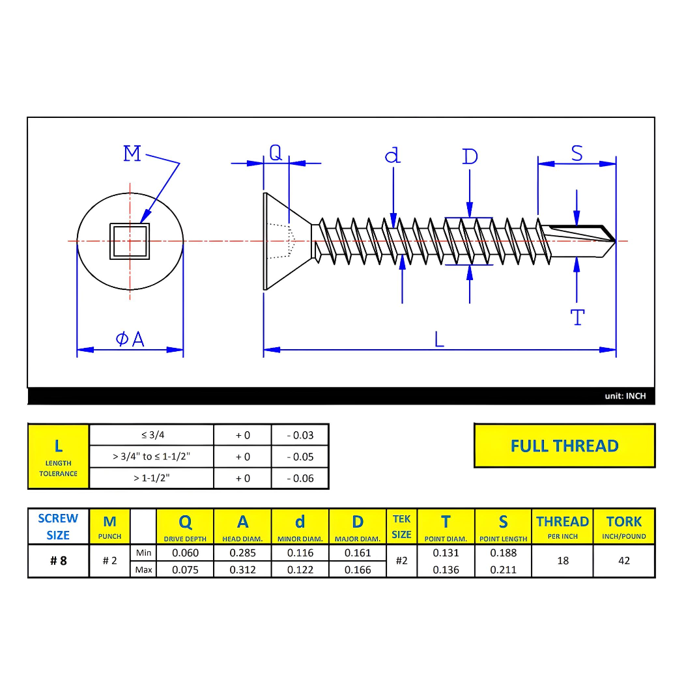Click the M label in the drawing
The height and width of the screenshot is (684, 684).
[132, 154]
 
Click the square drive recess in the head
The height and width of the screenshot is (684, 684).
[130, 241]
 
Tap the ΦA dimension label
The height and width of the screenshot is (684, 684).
[130, 339]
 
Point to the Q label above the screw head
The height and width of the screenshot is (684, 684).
[276, 152]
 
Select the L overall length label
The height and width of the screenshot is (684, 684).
[439, 339]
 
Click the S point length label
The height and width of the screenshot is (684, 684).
[577, 154]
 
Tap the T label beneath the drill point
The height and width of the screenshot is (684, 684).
[577, 318]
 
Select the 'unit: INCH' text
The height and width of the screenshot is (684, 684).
[625, 396]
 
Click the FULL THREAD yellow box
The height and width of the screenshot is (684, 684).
[564, 446]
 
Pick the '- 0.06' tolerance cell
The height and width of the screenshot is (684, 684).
[300, 478]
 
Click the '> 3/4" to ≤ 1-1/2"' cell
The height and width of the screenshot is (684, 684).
[151, 457]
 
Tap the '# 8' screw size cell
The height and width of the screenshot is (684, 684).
[59, 561]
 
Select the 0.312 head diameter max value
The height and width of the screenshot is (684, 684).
[242, 570]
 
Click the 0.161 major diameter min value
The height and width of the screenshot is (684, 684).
[358, 553]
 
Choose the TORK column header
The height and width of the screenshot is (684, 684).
[623, 526]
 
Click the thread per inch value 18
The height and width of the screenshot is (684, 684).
[563, 561]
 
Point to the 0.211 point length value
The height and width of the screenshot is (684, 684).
[503, 570]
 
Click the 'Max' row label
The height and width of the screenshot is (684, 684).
[143, 570]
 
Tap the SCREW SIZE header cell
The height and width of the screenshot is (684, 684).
[58, 526]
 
